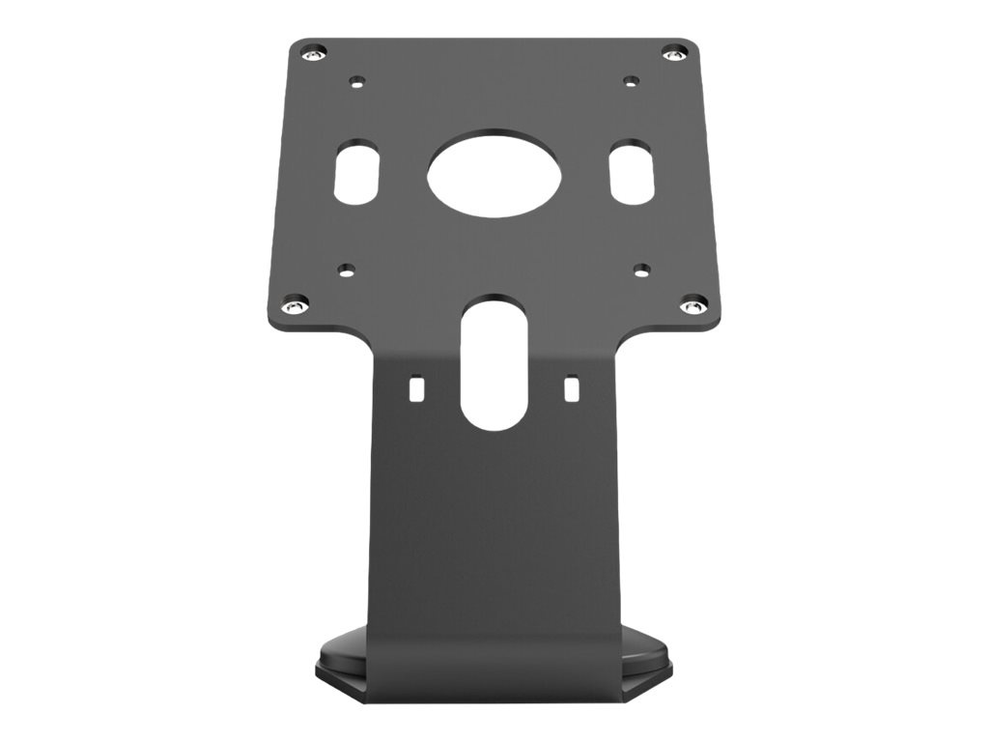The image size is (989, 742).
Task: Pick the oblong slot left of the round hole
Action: pyautogui.click(x=355, y=174)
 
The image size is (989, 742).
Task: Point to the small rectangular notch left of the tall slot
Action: pyautogui.click(x=417, y=388)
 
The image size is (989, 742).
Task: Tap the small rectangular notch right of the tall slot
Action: pyautogui.click(x=571, y=388)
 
